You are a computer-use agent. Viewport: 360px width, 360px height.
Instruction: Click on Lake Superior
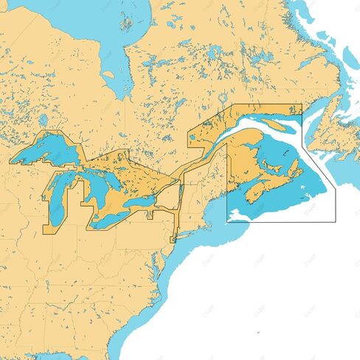pyautogui.click(x=48, y=151)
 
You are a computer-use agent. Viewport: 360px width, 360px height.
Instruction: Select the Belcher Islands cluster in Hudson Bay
pyautogui.click(x=127, y=22)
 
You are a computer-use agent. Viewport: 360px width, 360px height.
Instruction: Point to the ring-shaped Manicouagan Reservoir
pyautogui.click(x=223, y=98)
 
